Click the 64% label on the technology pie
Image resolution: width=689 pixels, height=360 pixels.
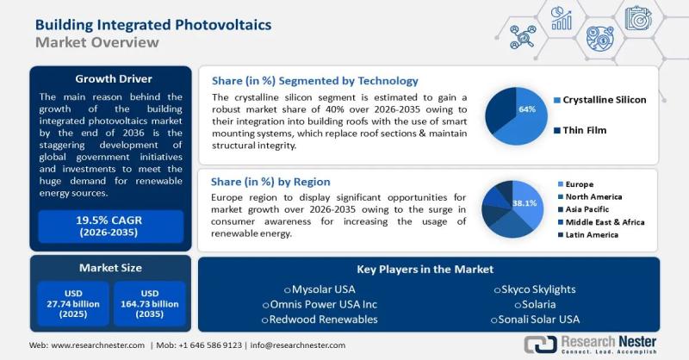click(x=526, y=109)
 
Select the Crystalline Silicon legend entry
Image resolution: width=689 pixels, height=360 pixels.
click(x=604, y=100)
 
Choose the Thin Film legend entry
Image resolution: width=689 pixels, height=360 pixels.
click(x=586, y=131)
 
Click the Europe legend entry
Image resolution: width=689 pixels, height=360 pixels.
click(x=579, y=184)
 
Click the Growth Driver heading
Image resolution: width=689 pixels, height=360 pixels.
click(x=109, y=78)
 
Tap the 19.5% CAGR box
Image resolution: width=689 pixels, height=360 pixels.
click(x=109, y=227)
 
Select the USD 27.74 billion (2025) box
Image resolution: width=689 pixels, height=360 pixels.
click(x=72, y=303)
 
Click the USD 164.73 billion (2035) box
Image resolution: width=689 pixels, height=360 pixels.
click(x=148, y=303)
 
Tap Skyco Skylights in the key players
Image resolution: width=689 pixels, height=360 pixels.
click(x=534, y=289)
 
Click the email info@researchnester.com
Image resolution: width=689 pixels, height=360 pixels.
click(x=297, y=345)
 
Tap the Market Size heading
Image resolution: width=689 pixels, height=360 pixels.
click(x=109, y=268)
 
